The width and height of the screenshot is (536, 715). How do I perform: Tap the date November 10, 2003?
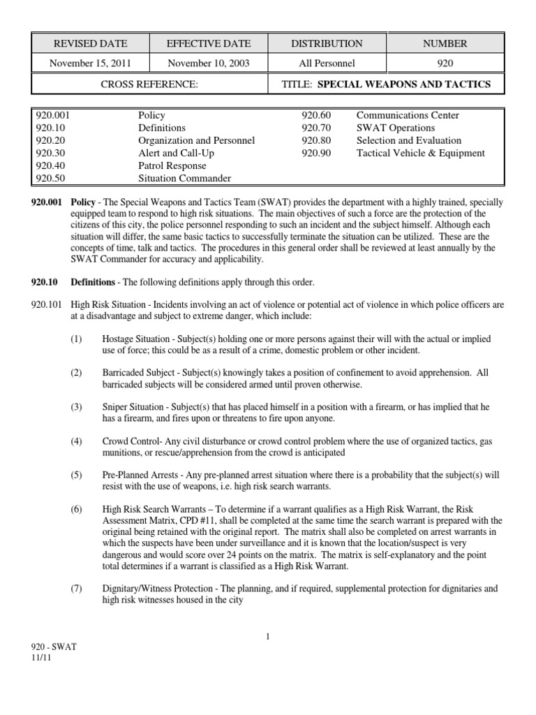point(208,63)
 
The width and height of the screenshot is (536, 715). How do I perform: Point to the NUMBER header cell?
point(445,43)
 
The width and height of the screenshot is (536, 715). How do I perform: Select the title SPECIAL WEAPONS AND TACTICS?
point(404,84)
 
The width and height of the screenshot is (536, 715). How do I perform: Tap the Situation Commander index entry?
point(184,179)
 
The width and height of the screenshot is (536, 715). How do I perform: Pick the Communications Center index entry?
point(408,115)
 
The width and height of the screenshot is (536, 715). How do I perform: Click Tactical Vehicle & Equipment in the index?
point(420,154)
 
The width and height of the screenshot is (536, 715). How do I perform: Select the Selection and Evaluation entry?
point(408,141)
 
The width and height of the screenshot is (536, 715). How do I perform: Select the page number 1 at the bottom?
point(267,636)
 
